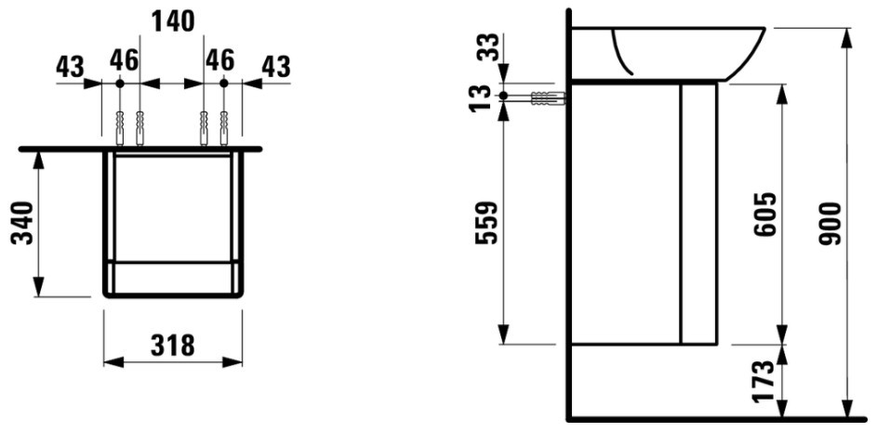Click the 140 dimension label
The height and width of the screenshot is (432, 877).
[x=173, y=21]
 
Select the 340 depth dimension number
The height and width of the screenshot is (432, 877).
[x=23, y=223]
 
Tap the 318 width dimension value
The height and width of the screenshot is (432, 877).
[x=173, y=346]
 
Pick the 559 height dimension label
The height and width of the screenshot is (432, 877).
[x=485, y=222]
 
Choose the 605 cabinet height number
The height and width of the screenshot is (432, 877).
[x=764, y=214]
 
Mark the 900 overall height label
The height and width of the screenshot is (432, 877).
[x=830, y=224]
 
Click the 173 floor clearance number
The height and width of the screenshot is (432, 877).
[x=764, y=381]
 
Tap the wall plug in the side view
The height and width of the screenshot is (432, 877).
[x=547, y=98]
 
